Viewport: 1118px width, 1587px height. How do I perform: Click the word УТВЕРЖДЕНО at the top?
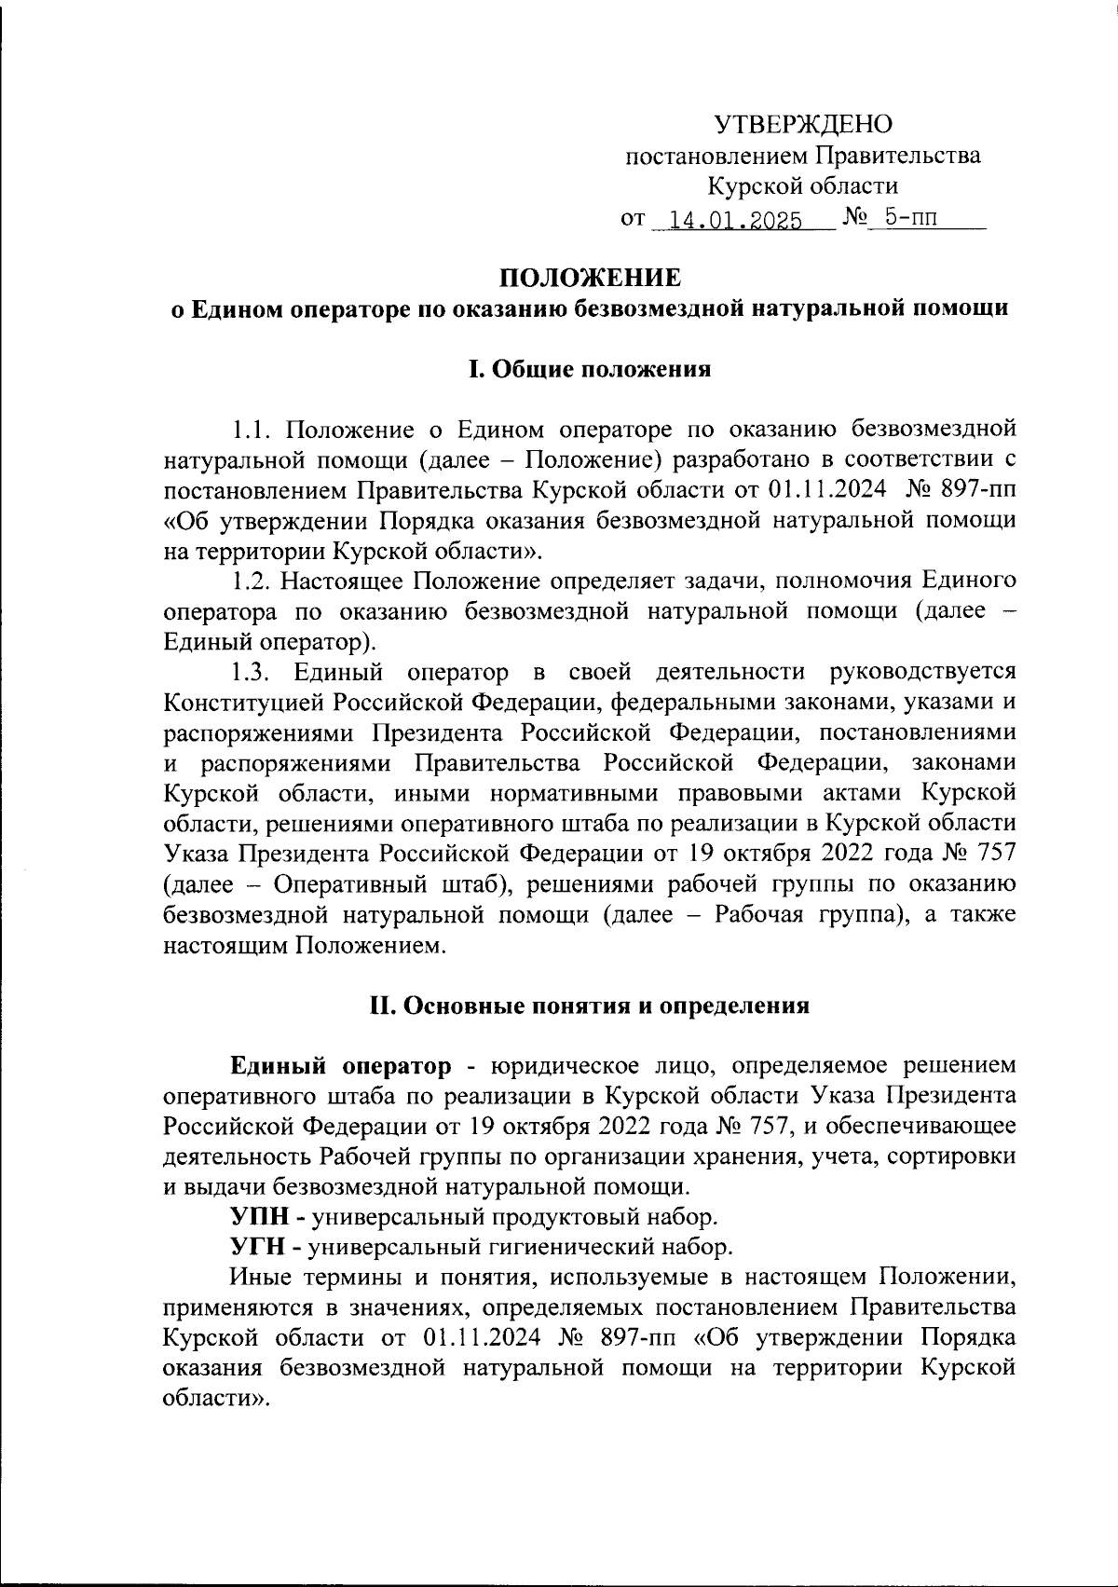[x=802, y=124]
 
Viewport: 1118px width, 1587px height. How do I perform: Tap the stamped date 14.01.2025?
[x=729, y=221]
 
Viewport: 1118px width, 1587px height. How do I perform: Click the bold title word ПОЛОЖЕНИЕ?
[x=591, y=278]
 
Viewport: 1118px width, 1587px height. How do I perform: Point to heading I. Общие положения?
[x=589, y=369]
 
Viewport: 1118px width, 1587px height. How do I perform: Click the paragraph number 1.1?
[x=251, y=430]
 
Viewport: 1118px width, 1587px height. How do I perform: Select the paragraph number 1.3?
[x=251, y=672]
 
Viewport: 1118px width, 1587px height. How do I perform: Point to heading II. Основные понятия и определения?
[x=589, y=1006]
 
